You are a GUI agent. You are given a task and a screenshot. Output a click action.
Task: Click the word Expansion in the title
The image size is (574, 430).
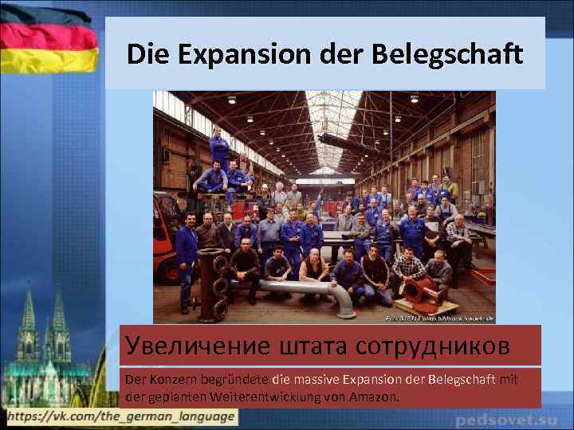tap(238, 55)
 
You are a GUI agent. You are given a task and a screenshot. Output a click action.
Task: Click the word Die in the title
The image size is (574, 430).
tap(148, 55)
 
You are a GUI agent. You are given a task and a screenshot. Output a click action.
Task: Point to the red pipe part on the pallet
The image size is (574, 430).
tap(423, 293)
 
